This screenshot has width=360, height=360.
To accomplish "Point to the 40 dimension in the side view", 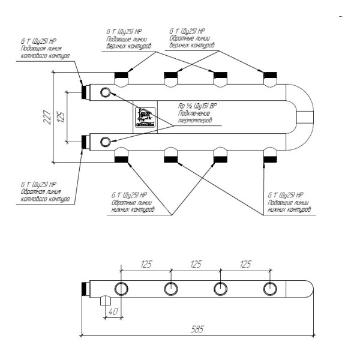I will (113, 311).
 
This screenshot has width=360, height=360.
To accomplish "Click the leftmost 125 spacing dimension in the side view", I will (145, 263).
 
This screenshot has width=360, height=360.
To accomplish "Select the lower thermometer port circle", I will (106, 142).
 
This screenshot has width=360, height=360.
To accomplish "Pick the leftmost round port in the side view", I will (121, 289).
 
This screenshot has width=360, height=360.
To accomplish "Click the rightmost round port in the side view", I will (271, 289).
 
